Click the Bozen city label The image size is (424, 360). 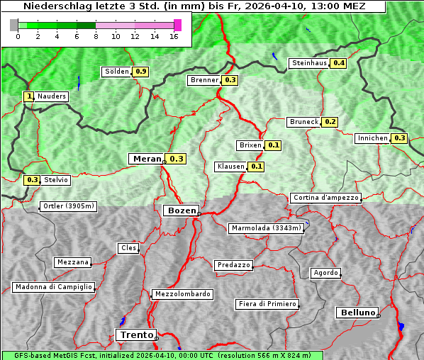tap(180, 210)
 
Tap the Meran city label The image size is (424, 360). tap(145, 159)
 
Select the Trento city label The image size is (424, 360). tap(135, 335)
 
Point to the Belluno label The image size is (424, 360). tap(357, 312)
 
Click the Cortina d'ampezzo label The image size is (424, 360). tap(325, 198)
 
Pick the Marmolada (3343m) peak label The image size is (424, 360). tap(267, 228)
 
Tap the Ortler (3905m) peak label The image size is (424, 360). tap(67, 207)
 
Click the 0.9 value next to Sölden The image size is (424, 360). tap(141, 72)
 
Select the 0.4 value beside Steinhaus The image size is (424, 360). tap(339, 63)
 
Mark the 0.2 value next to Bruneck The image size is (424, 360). tap(330, 122)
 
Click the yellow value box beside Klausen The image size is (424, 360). tap(257, 167)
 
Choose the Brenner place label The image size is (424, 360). tap(204, 80)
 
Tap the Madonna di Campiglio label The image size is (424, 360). tap(53, 287)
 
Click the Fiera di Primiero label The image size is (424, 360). tap(267, 304)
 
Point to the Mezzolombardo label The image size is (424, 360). tap(182, 293)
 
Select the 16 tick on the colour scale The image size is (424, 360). tap(174, 36)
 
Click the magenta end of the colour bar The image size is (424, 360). tap(177, 25)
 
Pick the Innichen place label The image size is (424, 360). tap(372, 138)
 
